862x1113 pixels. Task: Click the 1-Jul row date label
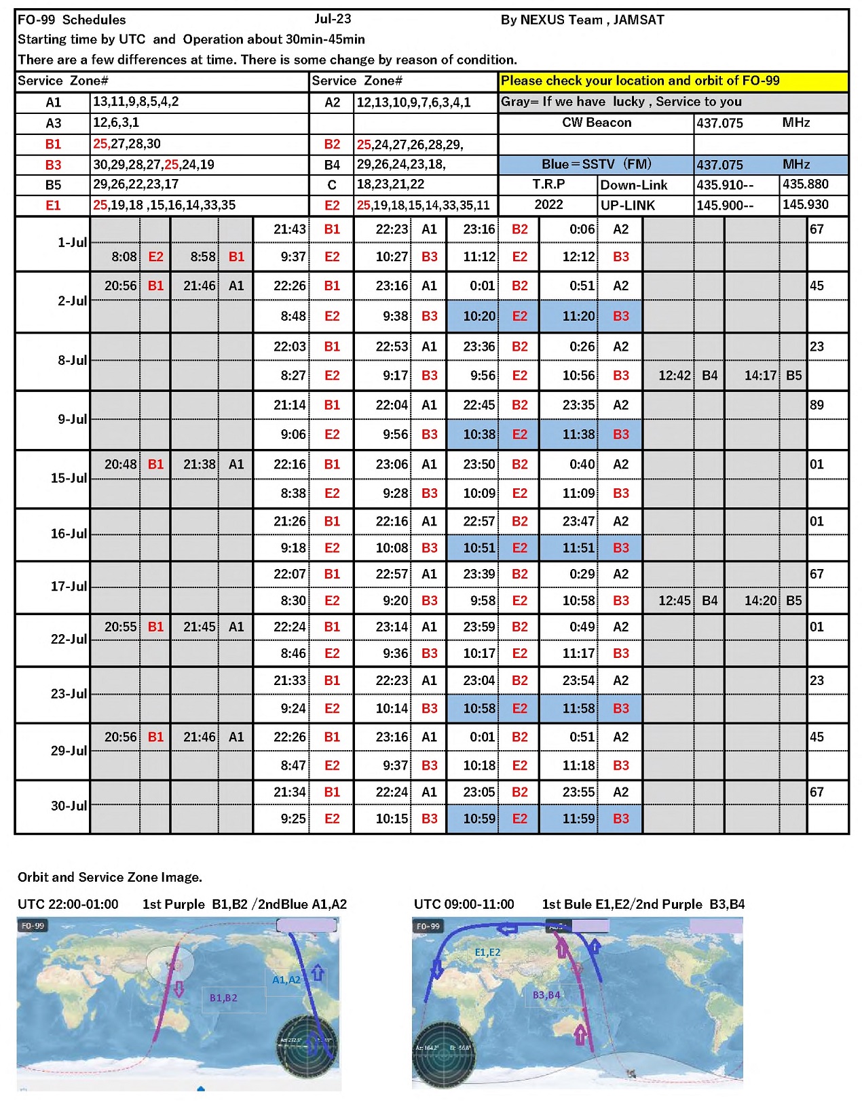[72, 243]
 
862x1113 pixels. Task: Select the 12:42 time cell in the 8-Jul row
[674, 376]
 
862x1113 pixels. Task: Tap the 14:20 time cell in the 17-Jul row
[760, 601]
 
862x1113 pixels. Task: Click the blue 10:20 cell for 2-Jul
[479, 316]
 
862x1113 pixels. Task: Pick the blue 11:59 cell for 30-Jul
[578, 819]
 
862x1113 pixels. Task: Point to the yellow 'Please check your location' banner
[673, 81]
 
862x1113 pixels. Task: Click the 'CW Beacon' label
[597, 123]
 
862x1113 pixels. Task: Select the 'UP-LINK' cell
[628, 206]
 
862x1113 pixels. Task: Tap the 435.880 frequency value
[805, 184]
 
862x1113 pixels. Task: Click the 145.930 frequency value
[805, 205]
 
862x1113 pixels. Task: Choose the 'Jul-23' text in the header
[333, 19]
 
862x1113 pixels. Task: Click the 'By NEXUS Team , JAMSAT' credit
[582, 20]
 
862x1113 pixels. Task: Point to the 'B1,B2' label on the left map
[223, 998]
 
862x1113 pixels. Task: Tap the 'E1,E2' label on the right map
[487, 952]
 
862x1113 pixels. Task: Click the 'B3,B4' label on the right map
[546, 995]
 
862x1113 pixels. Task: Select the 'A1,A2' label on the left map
[286, 979]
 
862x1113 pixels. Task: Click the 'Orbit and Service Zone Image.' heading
[110, 877]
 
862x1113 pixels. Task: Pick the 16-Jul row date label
[69, 534]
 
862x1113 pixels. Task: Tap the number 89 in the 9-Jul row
[817, 406]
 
